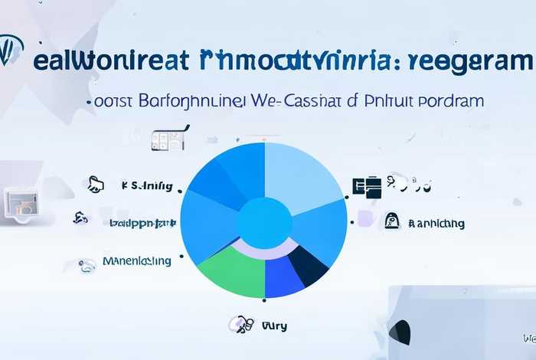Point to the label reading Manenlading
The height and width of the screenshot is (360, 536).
click(x=136, y=261)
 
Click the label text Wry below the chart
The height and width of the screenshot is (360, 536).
click(x=274, y=326)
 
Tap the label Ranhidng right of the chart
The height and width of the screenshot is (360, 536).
click(x=436, y=224)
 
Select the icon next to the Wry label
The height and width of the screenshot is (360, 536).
click(x=241, y=324)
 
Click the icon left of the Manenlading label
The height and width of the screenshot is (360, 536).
click(x=87, y=264)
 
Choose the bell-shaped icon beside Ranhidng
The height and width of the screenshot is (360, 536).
click(x=392, y=221)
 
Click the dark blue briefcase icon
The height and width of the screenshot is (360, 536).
click(x=367, y=185)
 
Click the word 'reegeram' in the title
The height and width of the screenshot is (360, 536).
click(x=471, y=61)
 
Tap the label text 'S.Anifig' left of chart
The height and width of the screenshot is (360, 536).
click(x=147, y=185)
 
